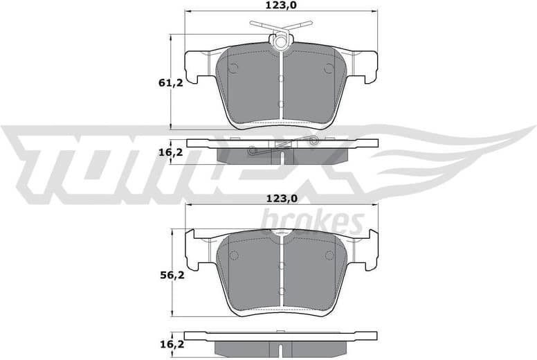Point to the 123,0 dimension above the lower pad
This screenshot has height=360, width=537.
coord(280,199)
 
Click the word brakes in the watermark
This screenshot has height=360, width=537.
coord(312,223)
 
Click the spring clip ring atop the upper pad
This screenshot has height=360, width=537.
coord(281,42)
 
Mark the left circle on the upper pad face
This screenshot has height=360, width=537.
coord(233,68)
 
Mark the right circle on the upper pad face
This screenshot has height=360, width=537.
coord(329,68)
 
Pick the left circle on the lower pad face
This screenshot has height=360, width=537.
coord(233,255)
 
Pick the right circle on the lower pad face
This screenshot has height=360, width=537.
coord(329,255)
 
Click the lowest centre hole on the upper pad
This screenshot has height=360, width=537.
coord(281,105)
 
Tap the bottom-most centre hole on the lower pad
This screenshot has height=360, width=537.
coord(281,291)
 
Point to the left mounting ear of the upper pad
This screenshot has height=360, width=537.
coord(197,66)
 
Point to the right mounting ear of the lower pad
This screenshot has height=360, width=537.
coord(365,250)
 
